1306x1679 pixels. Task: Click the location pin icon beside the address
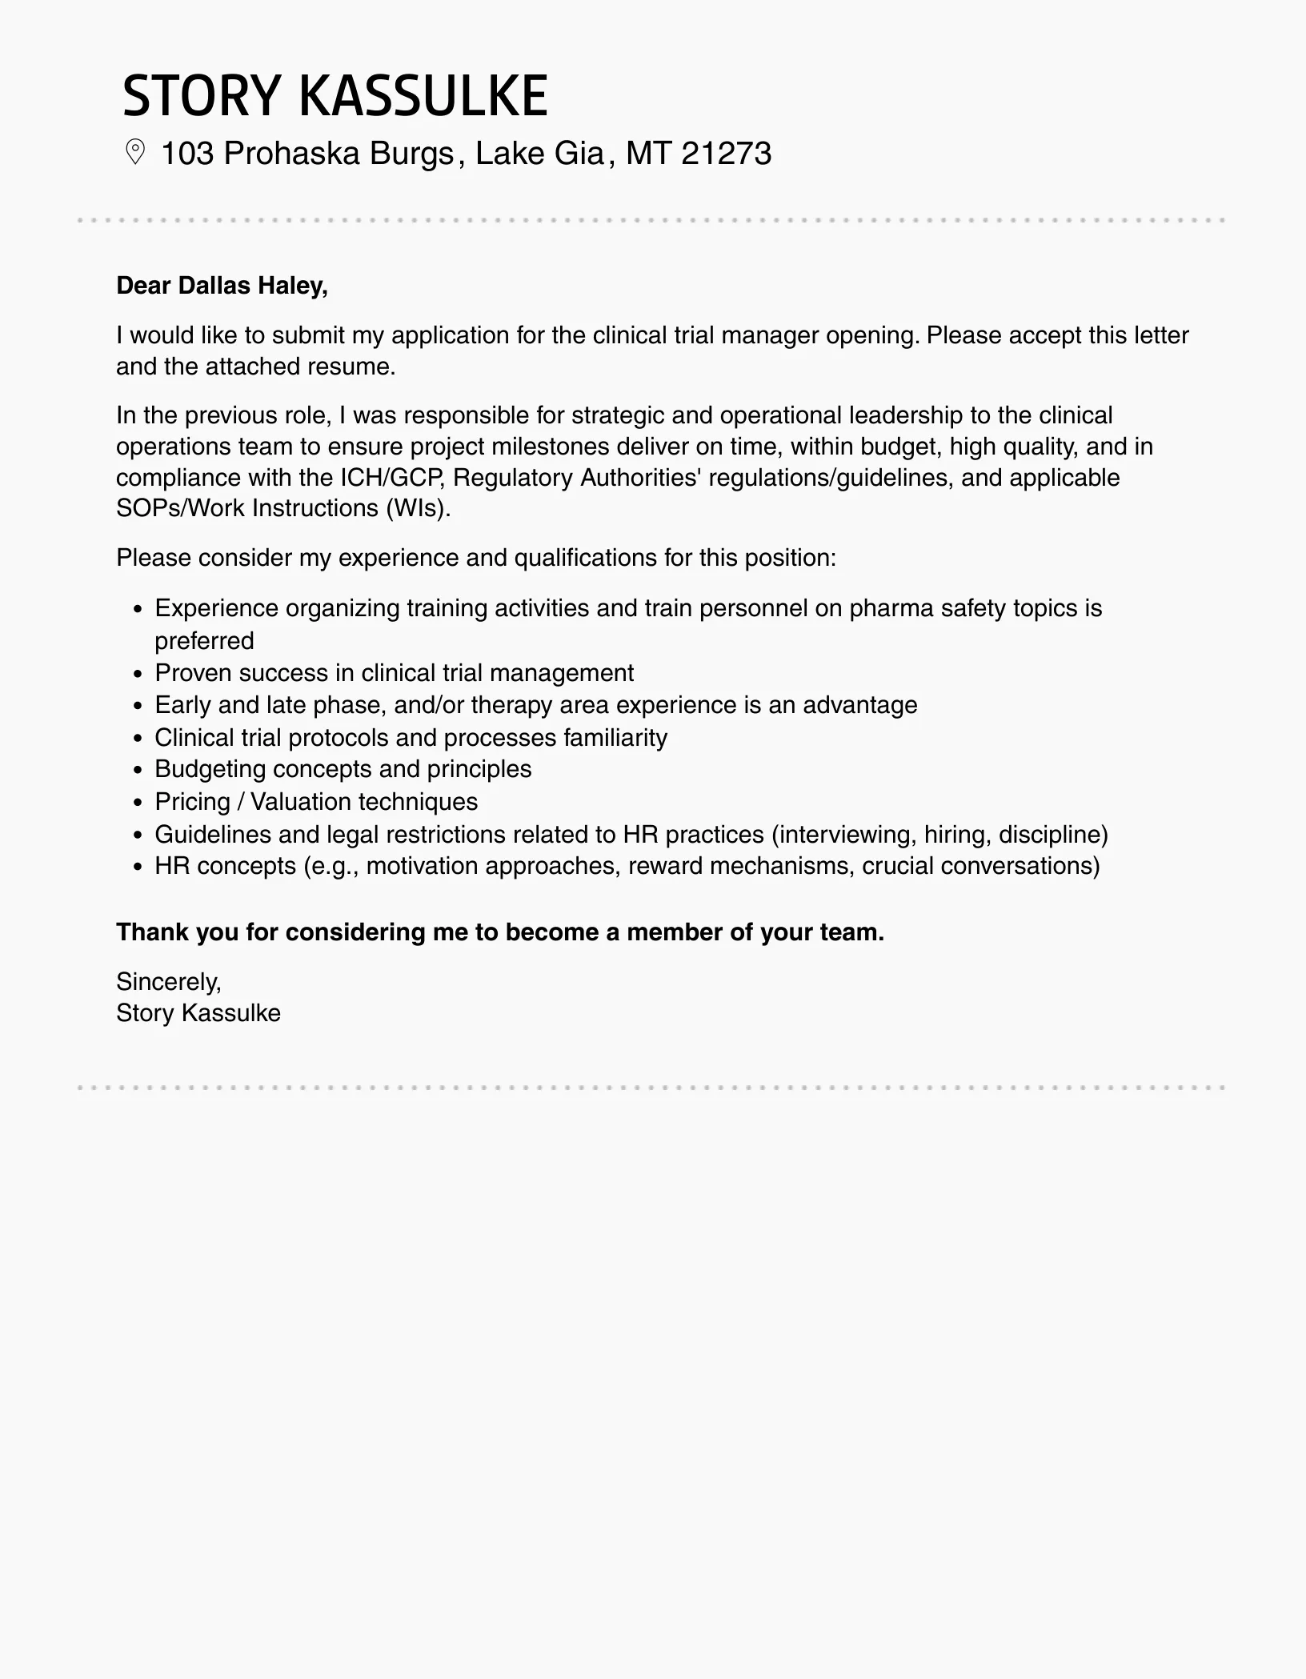(135, 152)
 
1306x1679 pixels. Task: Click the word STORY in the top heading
(200, 96)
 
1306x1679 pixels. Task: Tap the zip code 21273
(727, 153)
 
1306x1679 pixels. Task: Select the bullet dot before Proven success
(138, 674)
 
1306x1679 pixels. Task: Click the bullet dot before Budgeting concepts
(138, 770)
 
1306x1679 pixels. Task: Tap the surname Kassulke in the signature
(231, 1013)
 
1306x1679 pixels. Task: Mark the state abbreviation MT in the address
(648, 153)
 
